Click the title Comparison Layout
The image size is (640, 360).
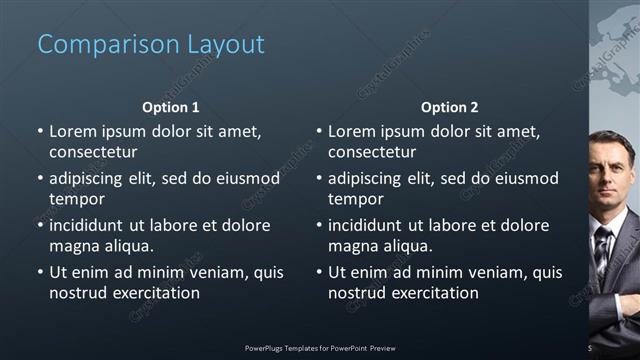tap(151, 45)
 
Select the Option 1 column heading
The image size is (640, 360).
tap(170, 107)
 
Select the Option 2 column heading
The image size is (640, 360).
tap(449, 107)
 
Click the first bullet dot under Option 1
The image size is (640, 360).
tap(40, 131)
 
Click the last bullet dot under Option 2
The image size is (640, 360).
tap(319, 272)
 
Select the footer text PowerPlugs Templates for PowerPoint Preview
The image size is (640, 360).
tap(320, 348)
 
